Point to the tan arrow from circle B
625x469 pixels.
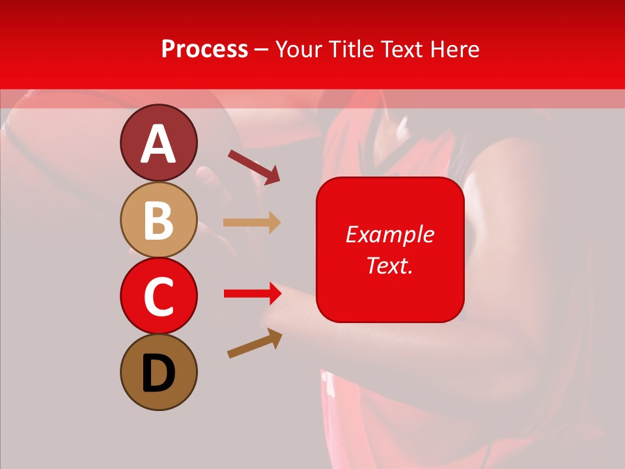click(251, 222)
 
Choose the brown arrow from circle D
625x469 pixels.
click(255, 343)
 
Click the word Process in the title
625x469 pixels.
click(204, 50)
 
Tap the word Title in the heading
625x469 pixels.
click(350, 50)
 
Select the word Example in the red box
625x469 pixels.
click(389, 234)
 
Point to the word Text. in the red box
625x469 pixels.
click(389, 265)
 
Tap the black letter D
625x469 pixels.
click(159, 373)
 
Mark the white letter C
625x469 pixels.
click(159, 297)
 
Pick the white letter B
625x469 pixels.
click(159, 221)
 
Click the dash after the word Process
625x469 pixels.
click(262, 50)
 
